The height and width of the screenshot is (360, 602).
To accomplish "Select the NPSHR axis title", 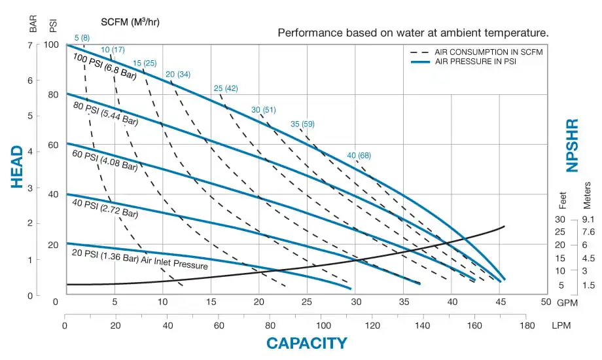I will point(573,145).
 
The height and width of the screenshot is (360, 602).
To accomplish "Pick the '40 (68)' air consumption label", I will point(359,155).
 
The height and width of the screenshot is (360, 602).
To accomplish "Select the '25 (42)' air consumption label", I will point(226,88).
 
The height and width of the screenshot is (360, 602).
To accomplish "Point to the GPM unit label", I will point(566,302).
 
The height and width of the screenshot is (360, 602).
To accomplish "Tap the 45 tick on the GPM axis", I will point(500,302).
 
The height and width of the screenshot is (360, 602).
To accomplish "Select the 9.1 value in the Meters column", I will point(588,219).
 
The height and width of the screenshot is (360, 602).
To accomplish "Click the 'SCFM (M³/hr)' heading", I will point(131,22).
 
